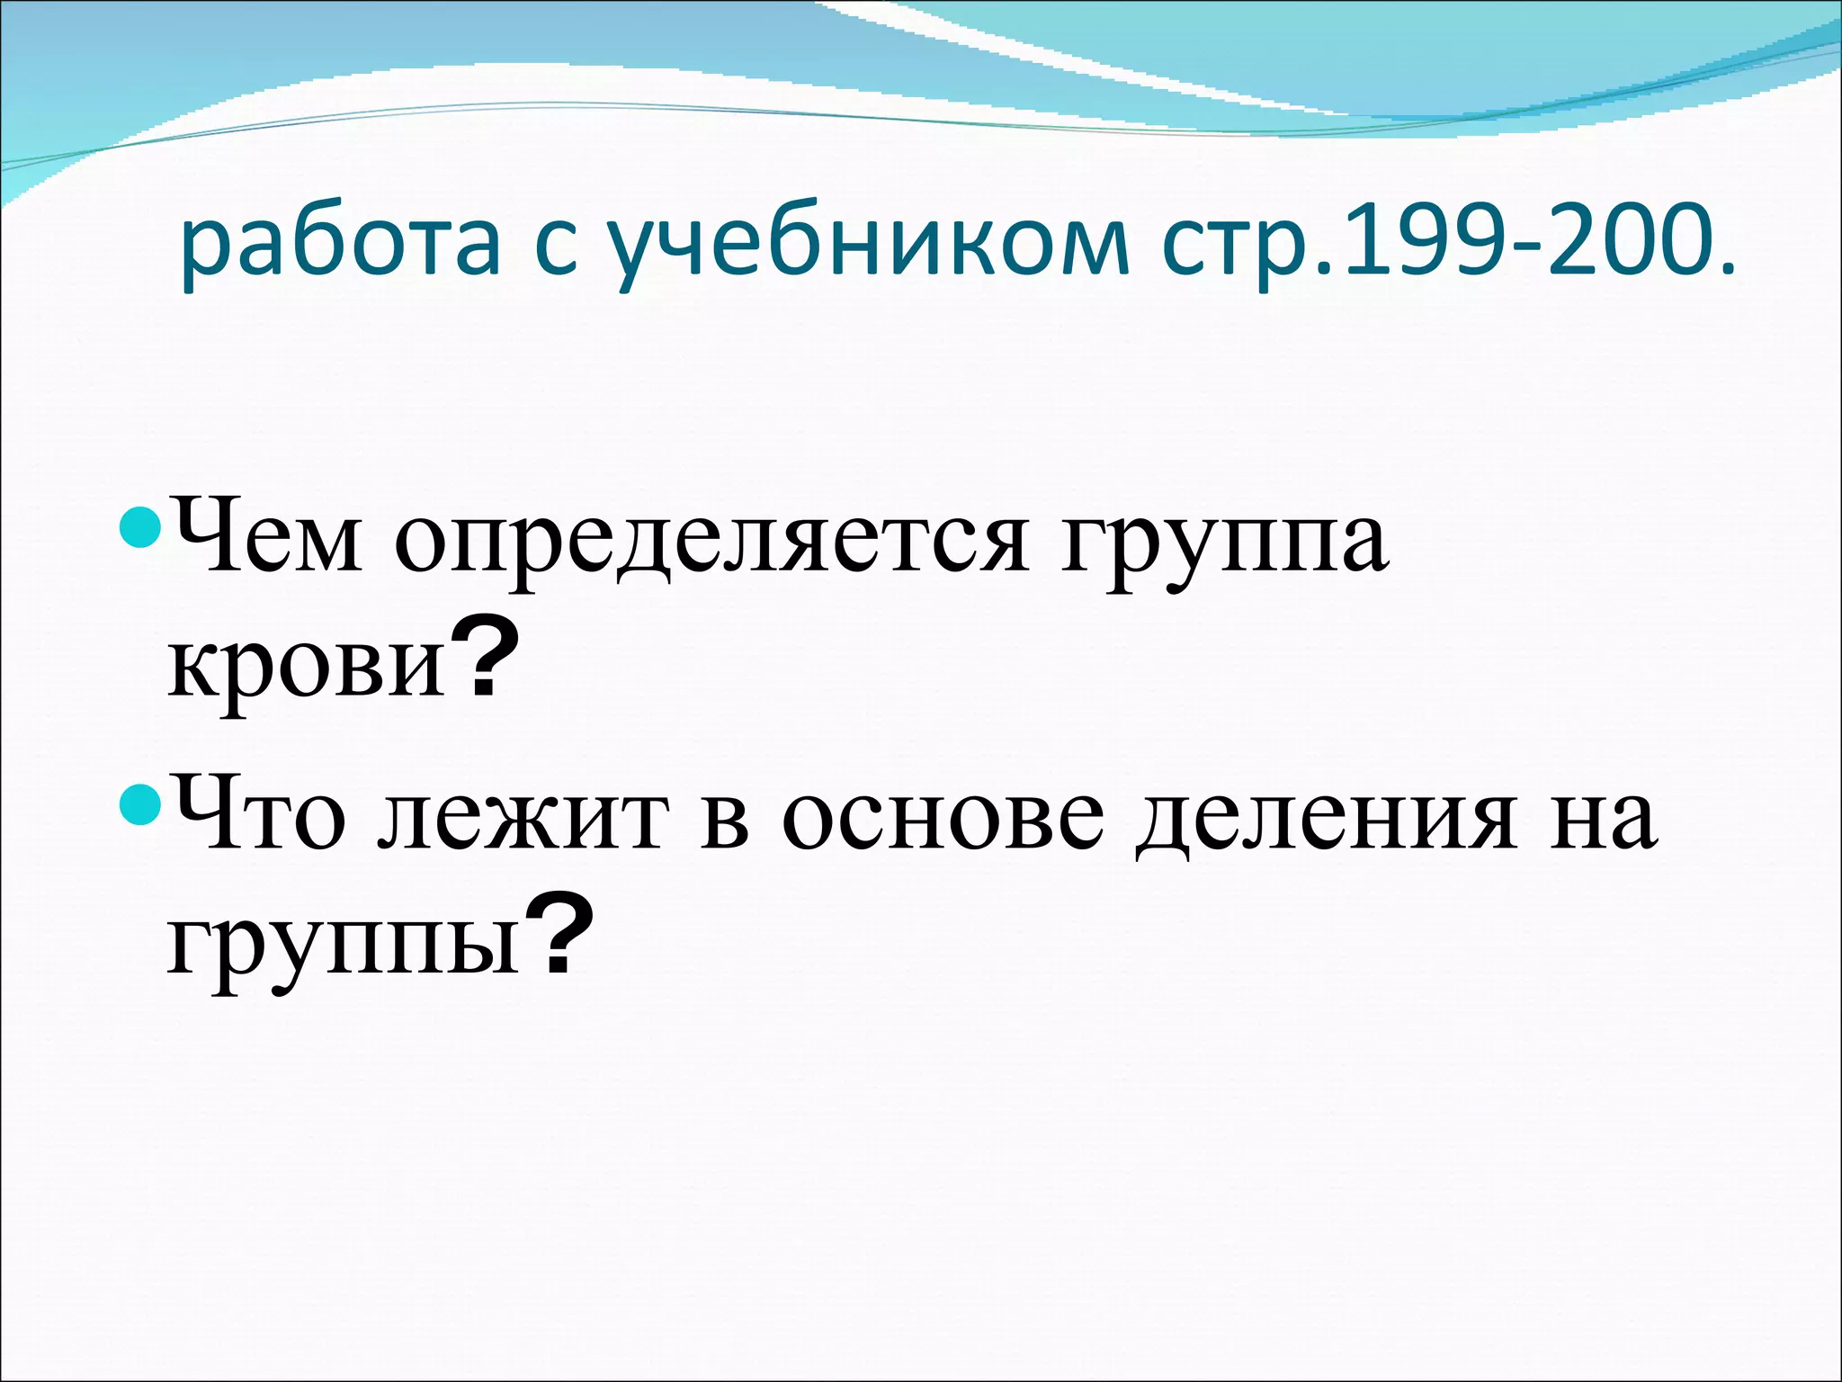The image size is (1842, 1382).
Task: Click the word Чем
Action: click(x=267, y=540)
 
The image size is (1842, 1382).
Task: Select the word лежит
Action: click(x=523, y=819)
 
